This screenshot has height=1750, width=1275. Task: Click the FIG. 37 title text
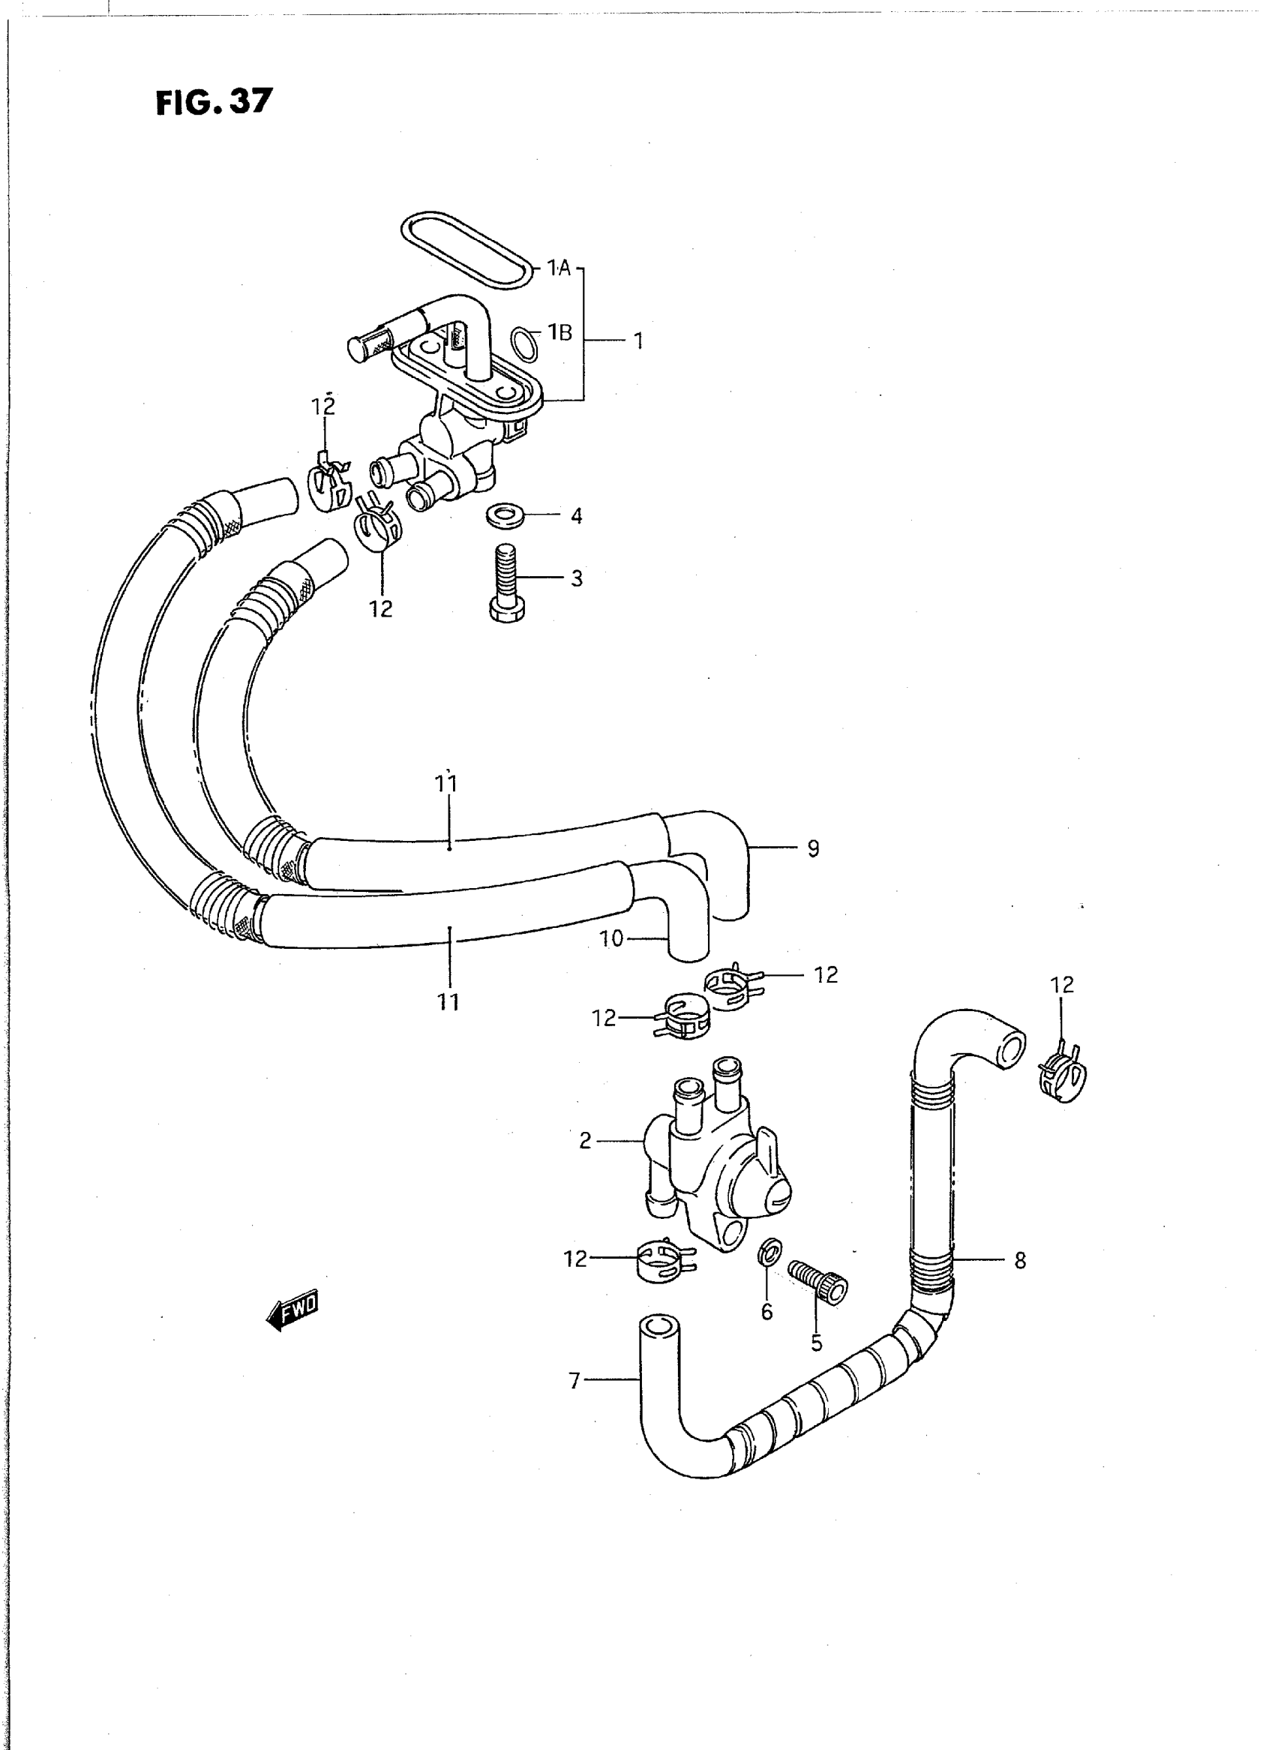214,102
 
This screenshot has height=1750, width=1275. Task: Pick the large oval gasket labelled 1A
468,249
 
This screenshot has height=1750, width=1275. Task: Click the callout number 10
610,939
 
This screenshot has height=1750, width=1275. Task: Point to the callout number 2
585,1140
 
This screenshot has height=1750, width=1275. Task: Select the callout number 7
574,1380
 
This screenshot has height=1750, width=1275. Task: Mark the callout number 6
766,1311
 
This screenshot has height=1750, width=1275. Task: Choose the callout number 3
577,578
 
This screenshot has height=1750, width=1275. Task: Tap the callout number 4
577,515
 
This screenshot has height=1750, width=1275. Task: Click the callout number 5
817,1343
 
